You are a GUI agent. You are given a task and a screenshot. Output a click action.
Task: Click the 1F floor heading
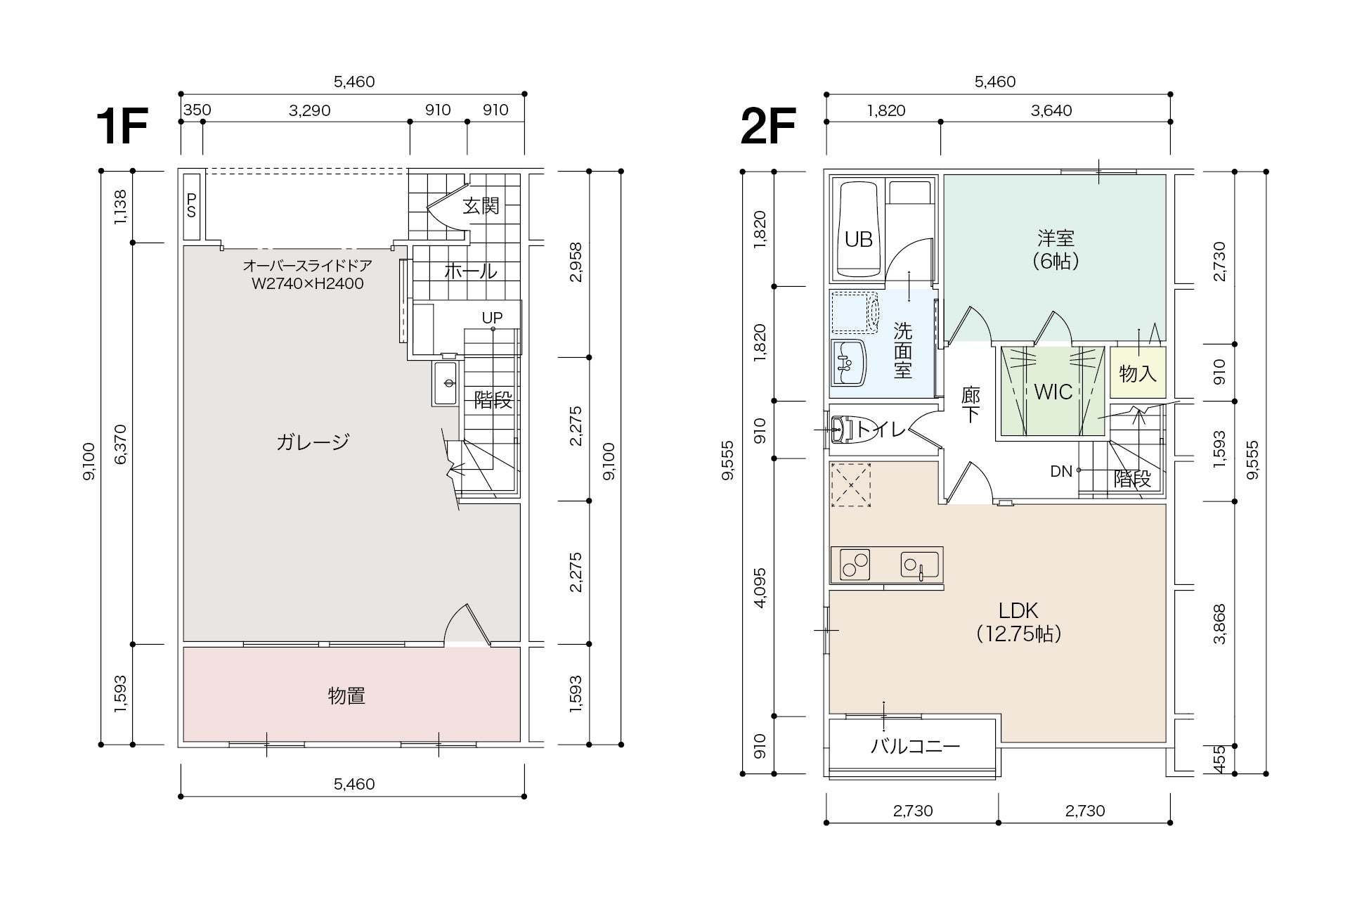122,127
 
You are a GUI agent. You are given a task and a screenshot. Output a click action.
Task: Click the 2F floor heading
767,127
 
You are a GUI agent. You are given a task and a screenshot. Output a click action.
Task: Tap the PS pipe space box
191,206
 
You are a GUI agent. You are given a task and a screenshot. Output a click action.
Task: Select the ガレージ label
313,442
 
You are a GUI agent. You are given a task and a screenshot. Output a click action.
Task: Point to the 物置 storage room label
346,696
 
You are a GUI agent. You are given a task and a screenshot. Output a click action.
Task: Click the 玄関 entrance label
481,206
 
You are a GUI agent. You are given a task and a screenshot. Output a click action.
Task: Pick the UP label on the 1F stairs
492,318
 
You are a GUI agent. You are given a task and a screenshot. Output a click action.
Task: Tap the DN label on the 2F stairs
1061,471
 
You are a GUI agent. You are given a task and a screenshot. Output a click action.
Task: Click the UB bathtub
858,230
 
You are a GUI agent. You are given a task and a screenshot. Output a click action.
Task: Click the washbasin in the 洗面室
847,362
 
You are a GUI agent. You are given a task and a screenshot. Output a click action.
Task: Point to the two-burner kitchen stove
850,565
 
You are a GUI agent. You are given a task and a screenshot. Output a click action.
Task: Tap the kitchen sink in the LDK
920,565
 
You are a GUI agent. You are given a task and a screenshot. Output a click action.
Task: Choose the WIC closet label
1053,392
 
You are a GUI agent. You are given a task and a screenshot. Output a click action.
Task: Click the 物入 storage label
1138,373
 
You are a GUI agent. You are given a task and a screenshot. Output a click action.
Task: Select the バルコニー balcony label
915,746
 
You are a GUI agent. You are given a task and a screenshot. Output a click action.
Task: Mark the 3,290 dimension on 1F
309,110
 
